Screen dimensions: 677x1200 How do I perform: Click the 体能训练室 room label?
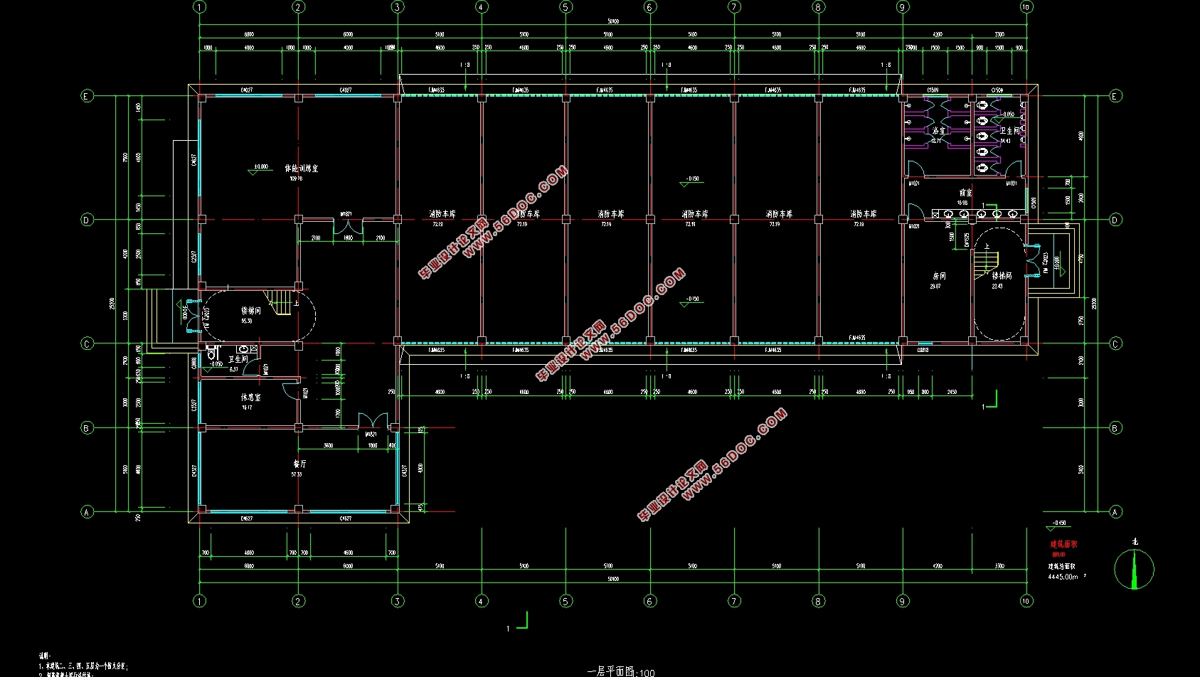click(x=301, y=169)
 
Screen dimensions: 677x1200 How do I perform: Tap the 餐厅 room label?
click(x=299, y=464)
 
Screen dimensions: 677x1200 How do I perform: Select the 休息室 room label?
click(x=250, y=398)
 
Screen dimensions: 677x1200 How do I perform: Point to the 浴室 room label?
click(x=939, y=131)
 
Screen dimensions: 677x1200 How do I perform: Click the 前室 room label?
click(x=965, y=193)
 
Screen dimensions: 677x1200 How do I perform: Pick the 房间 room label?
click(x=939, y=276)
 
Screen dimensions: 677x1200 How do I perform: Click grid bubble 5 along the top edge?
click(x=566, y=7)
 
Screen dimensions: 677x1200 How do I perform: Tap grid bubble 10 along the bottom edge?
click(x=1026, y=601)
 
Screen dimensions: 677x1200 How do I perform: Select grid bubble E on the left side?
click(x=87, y=96)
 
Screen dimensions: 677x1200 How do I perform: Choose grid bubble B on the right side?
click(x=1115, y=428)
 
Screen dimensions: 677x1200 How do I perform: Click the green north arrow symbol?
click(x=1134, y=570)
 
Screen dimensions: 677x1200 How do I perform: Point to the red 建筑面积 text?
click(x=1063, y=544)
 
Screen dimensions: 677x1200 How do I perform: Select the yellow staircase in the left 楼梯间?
click(x=280, y=302)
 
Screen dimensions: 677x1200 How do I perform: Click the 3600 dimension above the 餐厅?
click(x=328, y=446)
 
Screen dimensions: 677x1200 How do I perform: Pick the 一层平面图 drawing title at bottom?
click(x=612, y=671)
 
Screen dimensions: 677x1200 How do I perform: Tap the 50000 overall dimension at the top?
click(x=612, y=21)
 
